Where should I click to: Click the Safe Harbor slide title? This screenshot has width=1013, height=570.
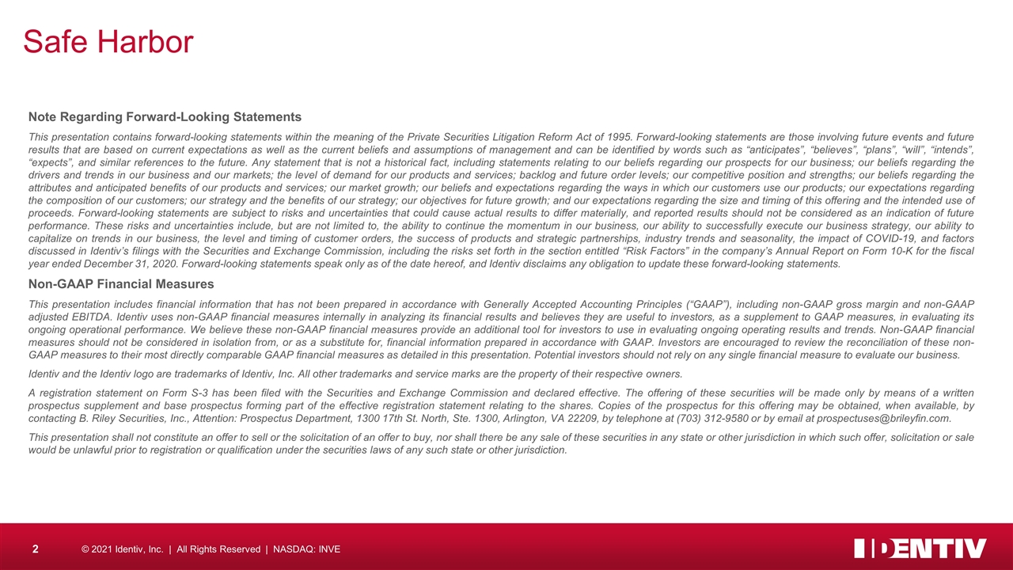click(108, 41)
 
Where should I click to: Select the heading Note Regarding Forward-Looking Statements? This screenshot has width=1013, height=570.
click(165, 117)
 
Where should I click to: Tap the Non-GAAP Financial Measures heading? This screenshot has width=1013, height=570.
click(121, 283)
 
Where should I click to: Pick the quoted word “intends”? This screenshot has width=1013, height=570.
click(952, 150)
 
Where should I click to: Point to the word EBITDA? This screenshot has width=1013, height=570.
click(87, 317)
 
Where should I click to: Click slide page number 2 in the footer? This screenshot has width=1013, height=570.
click(36, 549)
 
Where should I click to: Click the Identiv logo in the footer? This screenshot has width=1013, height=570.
click(920, 548)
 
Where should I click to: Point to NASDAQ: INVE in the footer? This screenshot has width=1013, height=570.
click(306, 549)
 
